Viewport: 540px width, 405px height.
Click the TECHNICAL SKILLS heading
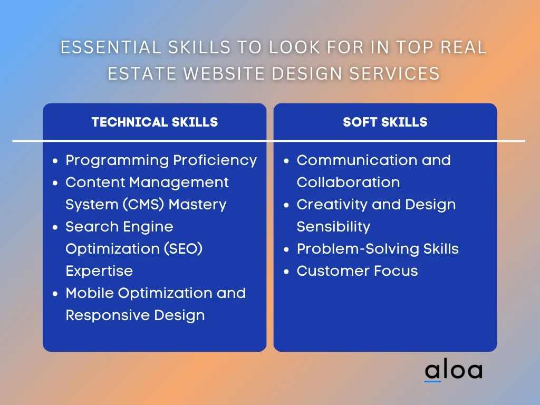coord(155,122)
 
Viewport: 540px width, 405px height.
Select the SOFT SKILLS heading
coord(385,122)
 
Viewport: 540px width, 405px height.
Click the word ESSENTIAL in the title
coord(111,47)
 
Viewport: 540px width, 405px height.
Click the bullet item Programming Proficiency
coord(161,160)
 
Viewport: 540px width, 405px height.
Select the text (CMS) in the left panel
coord(143,205)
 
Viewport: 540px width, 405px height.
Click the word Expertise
coord(99,271)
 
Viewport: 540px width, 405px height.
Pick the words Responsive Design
coord(135,315)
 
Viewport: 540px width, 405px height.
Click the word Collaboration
coord(348,182)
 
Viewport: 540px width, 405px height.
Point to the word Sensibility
coord(333,227)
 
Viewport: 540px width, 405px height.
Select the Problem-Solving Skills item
coord(378,249)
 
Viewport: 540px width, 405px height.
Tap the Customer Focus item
coord(357,271)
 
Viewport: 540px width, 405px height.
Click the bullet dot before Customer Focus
coord(286,272)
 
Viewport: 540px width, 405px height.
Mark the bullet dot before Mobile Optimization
coord(55,294)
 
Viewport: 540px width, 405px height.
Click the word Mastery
coord(197,205)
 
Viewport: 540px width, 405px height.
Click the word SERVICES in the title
coord(394,73)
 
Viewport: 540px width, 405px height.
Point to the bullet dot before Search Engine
coord(55,227)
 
